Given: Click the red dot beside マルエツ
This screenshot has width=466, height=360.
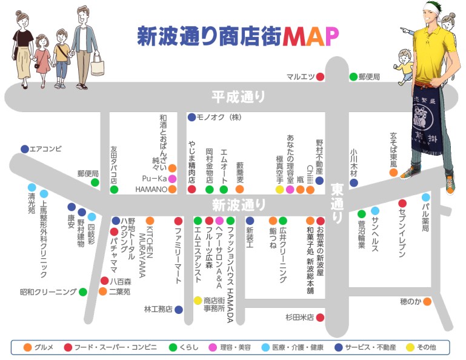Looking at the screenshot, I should (320, 76).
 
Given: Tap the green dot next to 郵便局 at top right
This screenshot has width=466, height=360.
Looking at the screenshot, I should (353, 76).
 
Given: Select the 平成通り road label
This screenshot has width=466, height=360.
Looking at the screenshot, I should (239, 96).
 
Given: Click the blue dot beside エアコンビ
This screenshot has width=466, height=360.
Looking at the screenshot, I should (25, 148).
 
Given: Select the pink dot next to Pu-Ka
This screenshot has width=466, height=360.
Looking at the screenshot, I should (172, 179).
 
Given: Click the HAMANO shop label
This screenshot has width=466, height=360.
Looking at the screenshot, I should (151, 189).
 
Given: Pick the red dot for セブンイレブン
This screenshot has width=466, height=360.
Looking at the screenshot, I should (402, 204).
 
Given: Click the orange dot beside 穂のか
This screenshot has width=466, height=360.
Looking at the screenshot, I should (427, 301).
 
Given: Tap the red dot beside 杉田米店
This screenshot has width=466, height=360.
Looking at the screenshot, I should (320, 317).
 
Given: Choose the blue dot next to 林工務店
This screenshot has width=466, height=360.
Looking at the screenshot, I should (179, 309).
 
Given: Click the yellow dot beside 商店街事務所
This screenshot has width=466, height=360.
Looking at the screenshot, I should (198, 300).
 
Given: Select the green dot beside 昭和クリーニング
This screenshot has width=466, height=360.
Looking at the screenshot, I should (83, 292).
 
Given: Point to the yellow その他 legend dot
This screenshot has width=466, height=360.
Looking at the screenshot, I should (410, 347).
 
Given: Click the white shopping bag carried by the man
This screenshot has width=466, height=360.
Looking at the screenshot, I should (98, 67).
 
